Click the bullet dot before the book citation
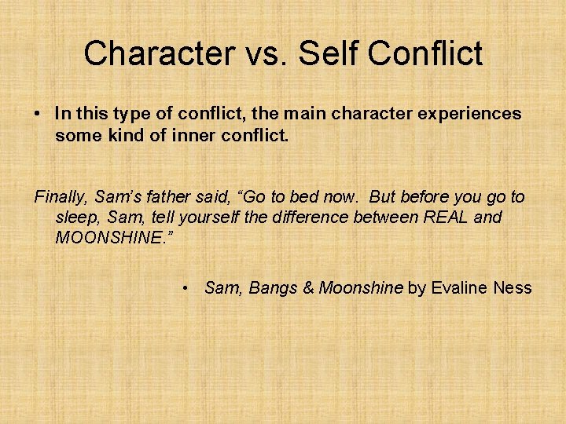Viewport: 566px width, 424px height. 184,288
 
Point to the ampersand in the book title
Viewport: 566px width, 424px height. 307,288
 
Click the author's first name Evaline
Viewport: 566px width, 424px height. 460,288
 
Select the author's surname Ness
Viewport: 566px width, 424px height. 513,288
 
